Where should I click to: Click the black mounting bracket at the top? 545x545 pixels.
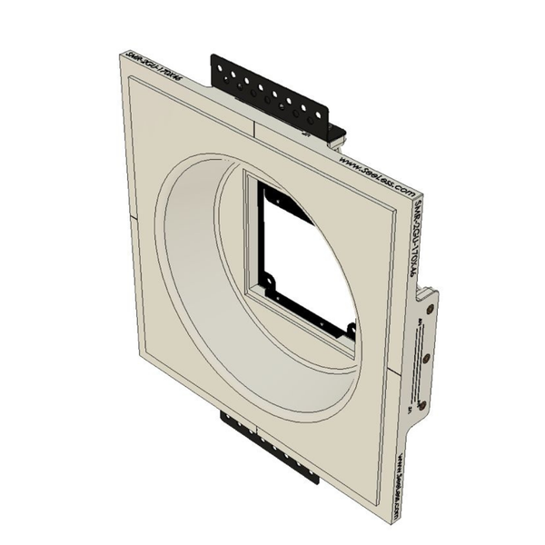point(272,95)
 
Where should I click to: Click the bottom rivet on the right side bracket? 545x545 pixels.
point(421,405)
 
